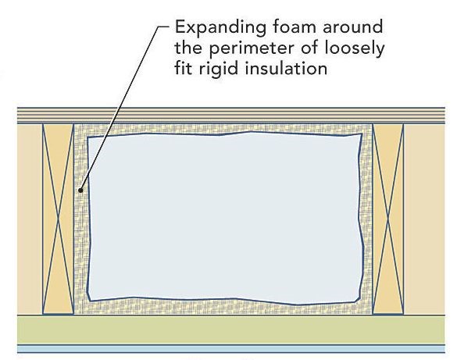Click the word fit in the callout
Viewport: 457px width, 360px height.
(184, 69)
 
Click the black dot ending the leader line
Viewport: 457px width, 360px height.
(80, 191)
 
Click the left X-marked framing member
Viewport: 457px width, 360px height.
(58, 219)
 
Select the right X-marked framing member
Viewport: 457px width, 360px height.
(388, 219)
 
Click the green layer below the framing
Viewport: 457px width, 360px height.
(231, 330)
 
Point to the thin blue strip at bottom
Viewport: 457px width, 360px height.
(231, 349)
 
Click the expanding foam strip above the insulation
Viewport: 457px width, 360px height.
(223, 129)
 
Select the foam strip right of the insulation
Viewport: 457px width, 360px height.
(367, 219)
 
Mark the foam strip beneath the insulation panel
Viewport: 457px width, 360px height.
(223, 308)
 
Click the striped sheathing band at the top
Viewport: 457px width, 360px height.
(231, 116)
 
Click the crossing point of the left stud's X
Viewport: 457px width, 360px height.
(58, 219)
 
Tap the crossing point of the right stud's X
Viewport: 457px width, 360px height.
(388, 219)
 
